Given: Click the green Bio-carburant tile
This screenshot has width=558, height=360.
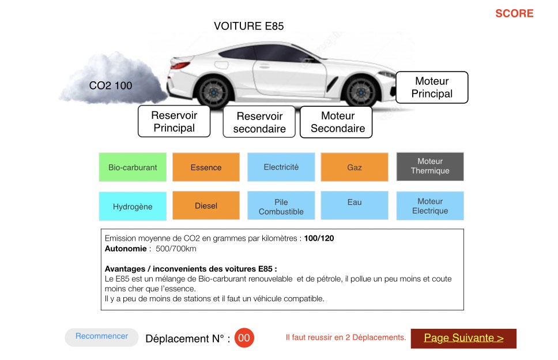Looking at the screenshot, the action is point(133,167).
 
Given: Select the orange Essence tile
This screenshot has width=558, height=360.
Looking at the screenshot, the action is point(206,167).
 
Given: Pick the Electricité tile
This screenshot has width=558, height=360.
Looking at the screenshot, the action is point(281,167).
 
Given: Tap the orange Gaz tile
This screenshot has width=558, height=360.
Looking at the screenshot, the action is point(355,167).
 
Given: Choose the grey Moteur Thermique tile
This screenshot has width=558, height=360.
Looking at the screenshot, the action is point(430,166).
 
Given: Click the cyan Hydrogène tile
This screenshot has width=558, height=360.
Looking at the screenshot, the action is point(133,206).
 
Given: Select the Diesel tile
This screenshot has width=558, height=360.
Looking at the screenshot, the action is point(206,205).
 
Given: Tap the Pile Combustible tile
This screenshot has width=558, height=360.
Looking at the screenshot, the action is point(281,205).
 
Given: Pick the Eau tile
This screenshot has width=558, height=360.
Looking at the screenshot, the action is point(355,205).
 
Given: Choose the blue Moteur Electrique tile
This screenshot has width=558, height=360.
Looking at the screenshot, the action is point(430,206).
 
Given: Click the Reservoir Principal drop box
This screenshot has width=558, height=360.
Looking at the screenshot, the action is point(174,121).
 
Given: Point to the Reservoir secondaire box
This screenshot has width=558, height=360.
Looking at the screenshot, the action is point(259,122).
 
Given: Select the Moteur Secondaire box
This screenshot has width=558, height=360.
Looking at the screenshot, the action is point(336,122).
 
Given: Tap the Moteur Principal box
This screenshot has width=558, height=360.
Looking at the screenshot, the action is point(432,87).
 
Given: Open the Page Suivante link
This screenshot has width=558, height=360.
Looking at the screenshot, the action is point(463,338).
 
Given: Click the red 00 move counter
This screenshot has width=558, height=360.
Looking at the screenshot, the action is point(244,337).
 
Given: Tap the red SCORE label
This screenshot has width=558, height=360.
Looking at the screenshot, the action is point(514,13).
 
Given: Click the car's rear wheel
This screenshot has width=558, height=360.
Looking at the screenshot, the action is point(213,92).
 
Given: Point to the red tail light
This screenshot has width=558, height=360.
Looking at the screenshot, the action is point(180,65).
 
